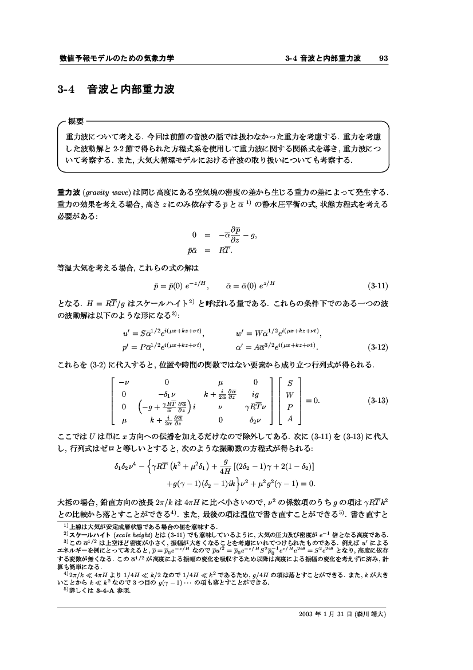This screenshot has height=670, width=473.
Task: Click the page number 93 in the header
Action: (384, 58)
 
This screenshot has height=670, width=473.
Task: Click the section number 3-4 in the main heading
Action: (68, 90)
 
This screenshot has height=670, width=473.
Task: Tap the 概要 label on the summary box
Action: (76, 121)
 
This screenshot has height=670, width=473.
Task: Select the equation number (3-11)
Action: (378, 285)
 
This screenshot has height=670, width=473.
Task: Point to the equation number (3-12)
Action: (378, 347)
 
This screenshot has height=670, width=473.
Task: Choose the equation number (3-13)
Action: (378, 401)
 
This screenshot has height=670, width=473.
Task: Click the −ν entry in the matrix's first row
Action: (123, 382)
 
